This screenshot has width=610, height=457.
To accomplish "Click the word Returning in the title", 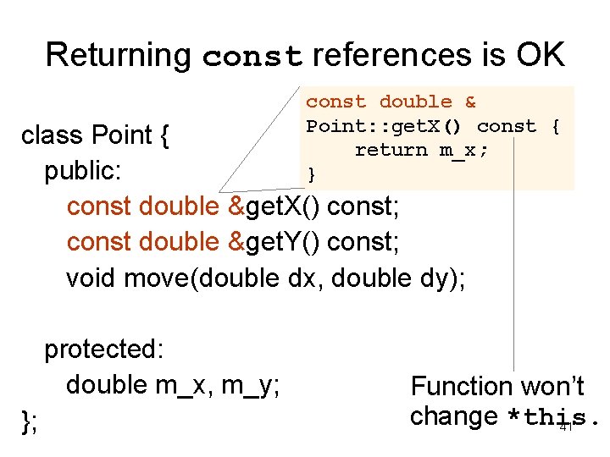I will (119, 56).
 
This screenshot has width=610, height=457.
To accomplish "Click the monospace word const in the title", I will (252, 58).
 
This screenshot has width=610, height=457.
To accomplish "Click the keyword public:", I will (84, 171).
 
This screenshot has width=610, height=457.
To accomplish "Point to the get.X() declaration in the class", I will (281, 206).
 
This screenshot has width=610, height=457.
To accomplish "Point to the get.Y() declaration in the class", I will (281, 242).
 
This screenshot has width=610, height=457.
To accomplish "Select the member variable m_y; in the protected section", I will (251, 386).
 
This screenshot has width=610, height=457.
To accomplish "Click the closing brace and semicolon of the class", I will (29, 421).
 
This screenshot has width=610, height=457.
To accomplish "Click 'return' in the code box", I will (391, 150).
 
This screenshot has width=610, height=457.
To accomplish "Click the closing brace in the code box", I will (311, 174).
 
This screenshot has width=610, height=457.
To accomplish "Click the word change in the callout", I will (453, 417).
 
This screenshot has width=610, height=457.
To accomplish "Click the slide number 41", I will (567, 427).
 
